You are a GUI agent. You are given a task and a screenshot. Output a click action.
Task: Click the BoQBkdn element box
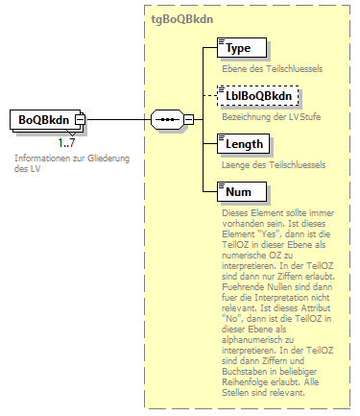[x=44, y=119]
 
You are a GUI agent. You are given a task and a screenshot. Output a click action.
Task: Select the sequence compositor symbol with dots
[x=167, y=119]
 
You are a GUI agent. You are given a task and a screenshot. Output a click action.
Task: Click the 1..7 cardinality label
[x=67, y=143]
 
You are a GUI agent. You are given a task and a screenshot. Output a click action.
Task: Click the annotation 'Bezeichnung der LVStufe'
[x=263, y=118]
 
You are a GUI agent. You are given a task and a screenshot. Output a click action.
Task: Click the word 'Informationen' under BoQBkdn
[x=44, y=158]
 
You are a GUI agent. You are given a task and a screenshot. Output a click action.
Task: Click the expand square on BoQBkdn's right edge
[x=81, y=119]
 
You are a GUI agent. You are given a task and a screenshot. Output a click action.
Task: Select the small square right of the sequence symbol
[x=188, y=119]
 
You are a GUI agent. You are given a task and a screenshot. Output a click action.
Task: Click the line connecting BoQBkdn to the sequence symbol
[x=119, y=119]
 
